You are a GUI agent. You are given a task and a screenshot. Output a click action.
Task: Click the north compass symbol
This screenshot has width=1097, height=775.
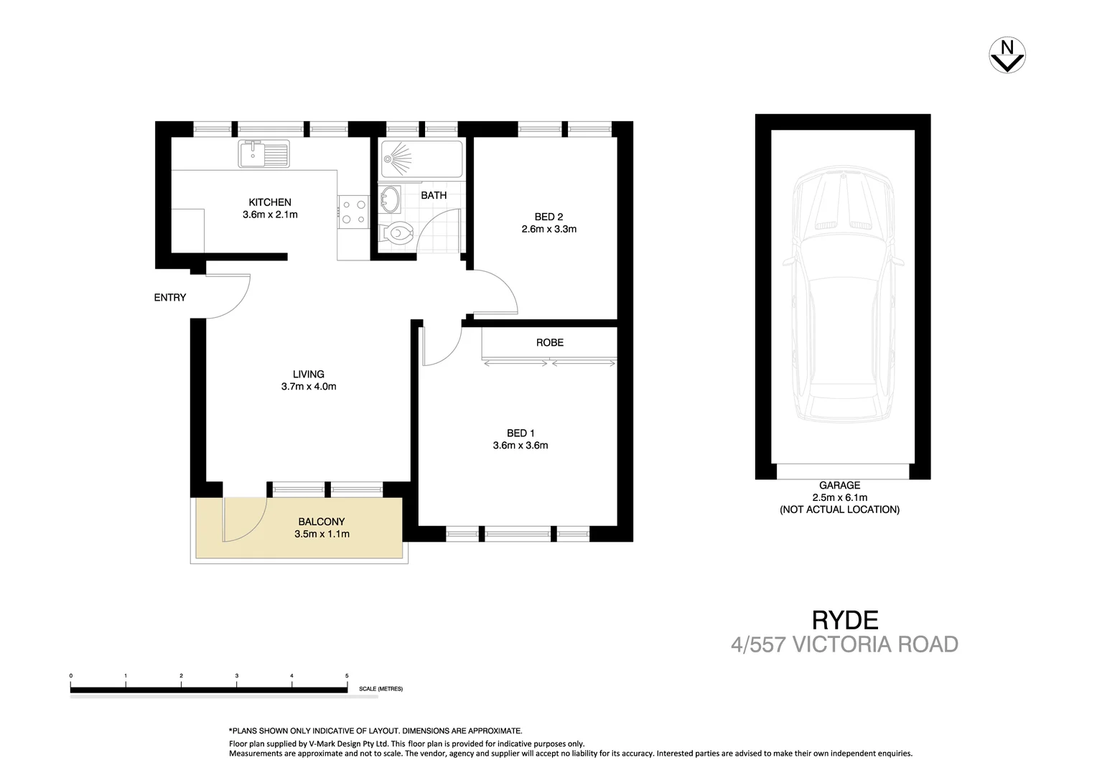(1007, 55)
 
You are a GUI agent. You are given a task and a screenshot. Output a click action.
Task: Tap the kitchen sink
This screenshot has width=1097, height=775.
(264, 154)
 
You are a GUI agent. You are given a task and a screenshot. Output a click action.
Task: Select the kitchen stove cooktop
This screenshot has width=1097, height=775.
(353, 212)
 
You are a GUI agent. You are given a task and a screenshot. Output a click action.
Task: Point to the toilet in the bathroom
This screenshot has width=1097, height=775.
(396, 233)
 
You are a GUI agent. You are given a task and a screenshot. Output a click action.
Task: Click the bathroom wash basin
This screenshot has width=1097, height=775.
(391, 199)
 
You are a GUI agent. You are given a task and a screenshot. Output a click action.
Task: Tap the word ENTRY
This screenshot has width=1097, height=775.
(170, 298)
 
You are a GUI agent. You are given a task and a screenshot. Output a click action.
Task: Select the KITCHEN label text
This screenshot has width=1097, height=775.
(270, 202)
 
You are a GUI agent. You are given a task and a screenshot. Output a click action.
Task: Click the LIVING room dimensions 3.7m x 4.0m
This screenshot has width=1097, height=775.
(309, 387)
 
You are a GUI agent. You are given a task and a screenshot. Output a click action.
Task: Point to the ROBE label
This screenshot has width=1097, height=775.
(550, 343)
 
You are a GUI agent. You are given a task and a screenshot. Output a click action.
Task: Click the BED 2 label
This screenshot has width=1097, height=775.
(548, 217)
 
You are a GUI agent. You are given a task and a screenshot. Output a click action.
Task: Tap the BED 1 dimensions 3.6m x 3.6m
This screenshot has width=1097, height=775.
(521, 446)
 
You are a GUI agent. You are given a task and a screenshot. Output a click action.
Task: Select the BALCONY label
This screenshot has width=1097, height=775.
(322, 522)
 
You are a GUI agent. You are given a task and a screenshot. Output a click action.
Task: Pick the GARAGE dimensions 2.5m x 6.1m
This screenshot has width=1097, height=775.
(840, 497)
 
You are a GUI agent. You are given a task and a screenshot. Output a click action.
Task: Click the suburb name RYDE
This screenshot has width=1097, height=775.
(845, 619)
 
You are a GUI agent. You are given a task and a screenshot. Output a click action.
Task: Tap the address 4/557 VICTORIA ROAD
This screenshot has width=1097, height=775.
(844, 644)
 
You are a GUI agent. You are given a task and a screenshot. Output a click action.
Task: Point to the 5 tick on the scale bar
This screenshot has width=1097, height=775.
(347, 676)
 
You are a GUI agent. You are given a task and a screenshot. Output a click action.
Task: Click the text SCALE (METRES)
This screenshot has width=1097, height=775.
(381, 689)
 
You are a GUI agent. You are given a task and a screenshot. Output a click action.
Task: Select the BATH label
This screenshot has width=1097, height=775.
(434, 195)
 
